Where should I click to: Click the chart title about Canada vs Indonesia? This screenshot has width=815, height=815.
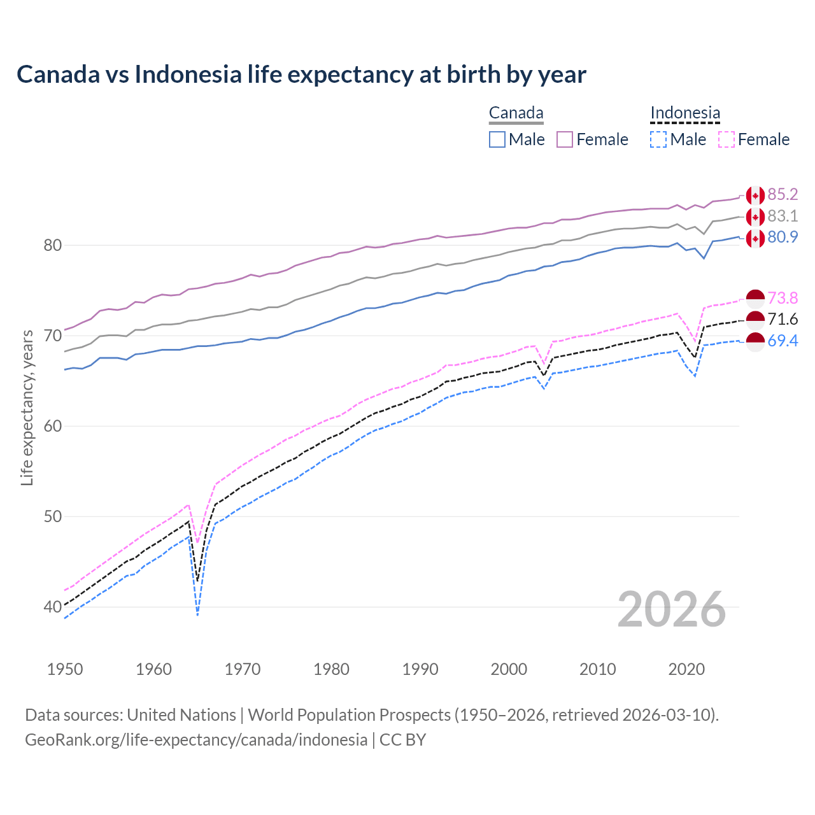click(x=301, y=74)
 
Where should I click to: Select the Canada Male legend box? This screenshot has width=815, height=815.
click(x=497, y=139)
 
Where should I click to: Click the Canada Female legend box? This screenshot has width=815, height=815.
click(x=565, y=139)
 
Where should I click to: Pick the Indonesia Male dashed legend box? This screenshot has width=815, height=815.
click(x=658, y=139)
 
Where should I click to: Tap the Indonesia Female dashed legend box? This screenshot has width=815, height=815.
click(x=726, y=139)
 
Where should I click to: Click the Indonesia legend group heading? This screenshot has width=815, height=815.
click(x=685, y=113)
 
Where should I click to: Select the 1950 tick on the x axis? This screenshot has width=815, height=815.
click(x=65, y=669)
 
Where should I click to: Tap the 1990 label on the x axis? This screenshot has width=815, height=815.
click(x=420, y=669)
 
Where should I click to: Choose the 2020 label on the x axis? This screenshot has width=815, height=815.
click(x=686, y=669)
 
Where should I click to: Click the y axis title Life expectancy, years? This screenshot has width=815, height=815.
click(x=27, y=407)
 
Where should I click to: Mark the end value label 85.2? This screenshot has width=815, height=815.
click(x=783, y=194)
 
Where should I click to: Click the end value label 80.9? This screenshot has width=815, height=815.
click(x=783, y=237)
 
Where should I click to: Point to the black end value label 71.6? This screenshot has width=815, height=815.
click(x=783, y=319)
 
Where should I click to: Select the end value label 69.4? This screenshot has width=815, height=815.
click(x=783, y=341)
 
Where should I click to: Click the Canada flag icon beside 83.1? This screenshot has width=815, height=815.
click(x=755, y=217)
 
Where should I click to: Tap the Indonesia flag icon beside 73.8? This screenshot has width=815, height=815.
click(x=755, y=299)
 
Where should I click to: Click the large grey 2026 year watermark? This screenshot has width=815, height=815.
click(x=672, y=609)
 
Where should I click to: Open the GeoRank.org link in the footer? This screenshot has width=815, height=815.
click(x=196, y=740)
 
